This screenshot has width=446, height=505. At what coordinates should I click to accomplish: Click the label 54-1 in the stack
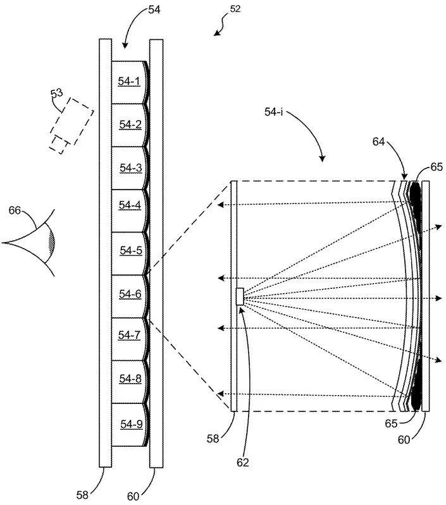point(129,82)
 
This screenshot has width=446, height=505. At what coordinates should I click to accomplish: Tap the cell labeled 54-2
point(130,125)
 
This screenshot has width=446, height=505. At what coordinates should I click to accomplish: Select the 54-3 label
point(131,167)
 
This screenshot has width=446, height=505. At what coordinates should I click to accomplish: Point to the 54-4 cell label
point(130,205)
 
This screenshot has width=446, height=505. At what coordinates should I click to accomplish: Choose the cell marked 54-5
point(131,250)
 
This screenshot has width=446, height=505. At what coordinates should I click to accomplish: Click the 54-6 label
point(130,294)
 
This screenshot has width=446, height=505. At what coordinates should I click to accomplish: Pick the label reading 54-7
point(129,335)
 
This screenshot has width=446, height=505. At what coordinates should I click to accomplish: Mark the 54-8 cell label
point(130,379)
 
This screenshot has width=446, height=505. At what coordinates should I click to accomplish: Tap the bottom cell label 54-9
point(132,425)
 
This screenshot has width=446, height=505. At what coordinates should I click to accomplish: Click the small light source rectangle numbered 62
point(240,296)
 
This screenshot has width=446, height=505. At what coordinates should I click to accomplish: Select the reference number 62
point(243,463)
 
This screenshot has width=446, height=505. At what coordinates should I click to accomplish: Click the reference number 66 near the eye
point(15,210)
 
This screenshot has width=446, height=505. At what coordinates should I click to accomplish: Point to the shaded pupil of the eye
point(51,243)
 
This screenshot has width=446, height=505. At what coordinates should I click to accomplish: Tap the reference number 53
point(57,94)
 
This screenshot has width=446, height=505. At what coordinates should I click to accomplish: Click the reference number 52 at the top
point(235,9)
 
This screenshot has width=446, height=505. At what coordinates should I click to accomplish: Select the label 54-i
point(273,112)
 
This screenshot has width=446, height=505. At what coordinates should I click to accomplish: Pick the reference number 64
point(379,142)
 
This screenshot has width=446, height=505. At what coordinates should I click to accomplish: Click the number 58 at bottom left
point(82,495)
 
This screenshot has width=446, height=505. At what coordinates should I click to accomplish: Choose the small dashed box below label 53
point(59,145)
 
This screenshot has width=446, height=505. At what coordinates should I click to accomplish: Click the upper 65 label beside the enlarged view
point(437,167)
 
